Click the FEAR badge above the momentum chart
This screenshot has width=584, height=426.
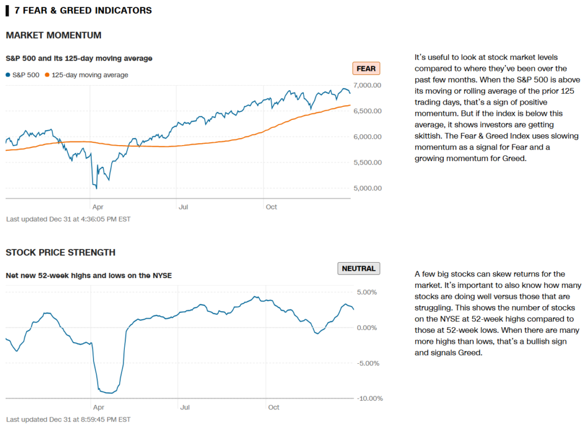point(366,69)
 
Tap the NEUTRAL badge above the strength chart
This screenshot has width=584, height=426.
point(359,268)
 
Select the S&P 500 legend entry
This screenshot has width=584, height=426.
point(23,75)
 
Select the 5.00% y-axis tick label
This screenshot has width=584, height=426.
point(367,292)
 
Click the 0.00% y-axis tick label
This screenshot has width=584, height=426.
point(367,328)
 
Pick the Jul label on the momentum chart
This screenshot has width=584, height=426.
point(183,207)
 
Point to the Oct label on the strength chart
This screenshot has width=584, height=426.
point(274,407)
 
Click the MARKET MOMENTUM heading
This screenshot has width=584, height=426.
point(54,35)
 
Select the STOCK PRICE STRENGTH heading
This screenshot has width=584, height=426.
point(60,252)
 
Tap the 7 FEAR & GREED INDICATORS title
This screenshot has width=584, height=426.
point(83,10)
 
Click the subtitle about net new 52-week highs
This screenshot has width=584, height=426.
point(88,276)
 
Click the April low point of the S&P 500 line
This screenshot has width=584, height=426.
point(96,188)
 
